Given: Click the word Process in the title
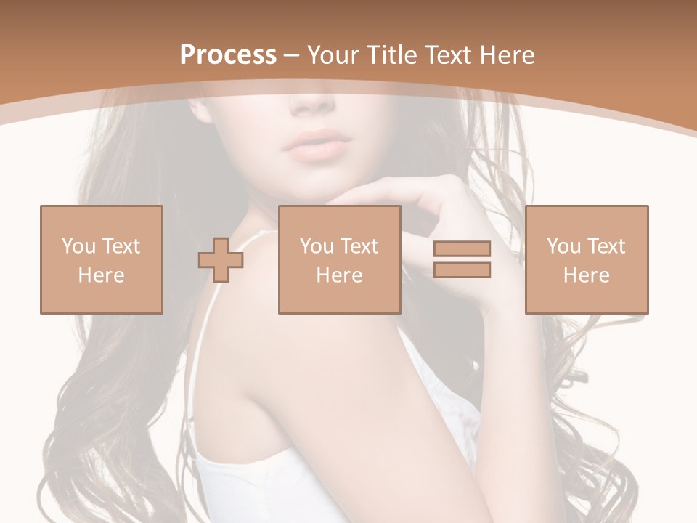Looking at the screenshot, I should coord(228,55).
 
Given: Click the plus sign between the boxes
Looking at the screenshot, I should coord(221,259).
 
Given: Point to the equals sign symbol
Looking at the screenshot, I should coord(462,259).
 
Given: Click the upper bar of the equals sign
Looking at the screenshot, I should coord(462,249).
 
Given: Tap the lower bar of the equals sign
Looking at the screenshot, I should coord(462,270).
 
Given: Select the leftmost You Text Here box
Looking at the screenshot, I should coord(101,259).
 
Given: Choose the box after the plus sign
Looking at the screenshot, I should coord(339,259).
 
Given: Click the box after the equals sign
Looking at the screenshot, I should coord(586,259).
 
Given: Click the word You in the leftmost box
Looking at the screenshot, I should coord(78,246).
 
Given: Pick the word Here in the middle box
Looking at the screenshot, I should coord(339,275).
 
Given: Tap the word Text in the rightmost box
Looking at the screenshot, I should coord(606,246).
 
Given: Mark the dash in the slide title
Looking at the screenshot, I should coord(291,55).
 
